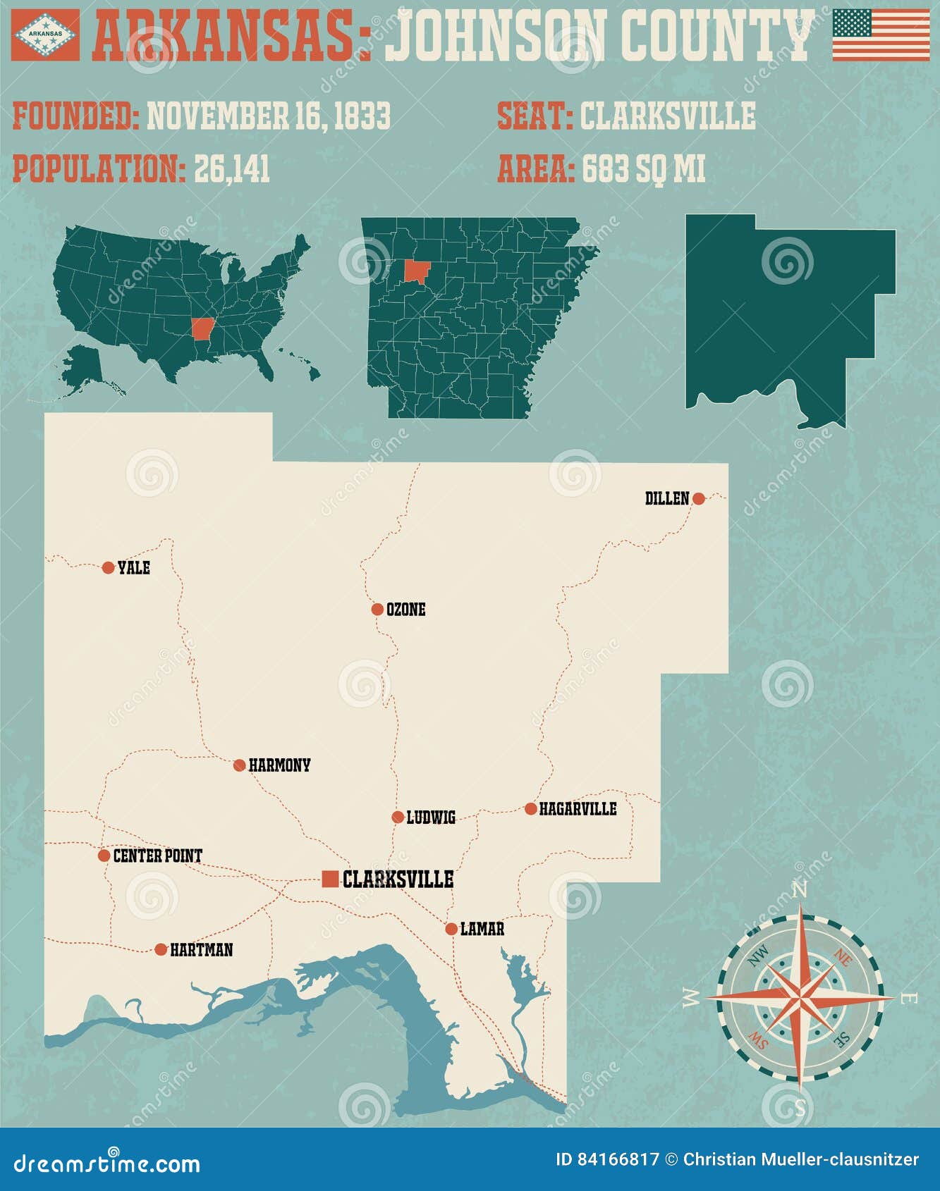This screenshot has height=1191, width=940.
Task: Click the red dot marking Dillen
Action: [x=698, y=499]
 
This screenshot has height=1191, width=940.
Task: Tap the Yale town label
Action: [x=133, y=568]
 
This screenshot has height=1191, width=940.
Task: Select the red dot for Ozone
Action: [x=377, y=610]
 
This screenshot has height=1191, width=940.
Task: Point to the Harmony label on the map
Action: [x=279, y=765]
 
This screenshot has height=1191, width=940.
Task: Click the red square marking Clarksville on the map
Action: [x=329, y=879]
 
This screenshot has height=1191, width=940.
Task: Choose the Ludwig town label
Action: [x=431, y=817]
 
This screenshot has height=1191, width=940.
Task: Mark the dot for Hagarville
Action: [x=531, y=809]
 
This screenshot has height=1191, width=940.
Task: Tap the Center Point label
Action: [x=157, y=856]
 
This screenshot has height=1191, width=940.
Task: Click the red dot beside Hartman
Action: [x=161, y=949]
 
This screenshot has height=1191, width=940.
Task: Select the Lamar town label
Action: [x=482, y=929]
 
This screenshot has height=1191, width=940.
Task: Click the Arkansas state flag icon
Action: [x=46, y=34]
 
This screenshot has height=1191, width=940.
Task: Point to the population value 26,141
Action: [x=232, y=169]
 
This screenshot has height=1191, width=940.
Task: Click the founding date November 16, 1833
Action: [x=268, y=116]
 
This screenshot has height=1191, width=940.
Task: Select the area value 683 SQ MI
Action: [x=643, y=169]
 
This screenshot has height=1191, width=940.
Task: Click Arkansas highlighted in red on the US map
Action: [x=202, y=328]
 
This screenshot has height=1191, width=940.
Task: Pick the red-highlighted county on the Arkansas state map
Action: [x=417, y=271]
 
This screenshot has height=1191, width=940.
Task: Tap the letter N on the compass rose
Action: [x=800, y=891]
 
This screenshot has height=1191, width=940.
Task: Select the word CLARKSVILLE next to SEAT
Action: [x=667, y=116]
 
